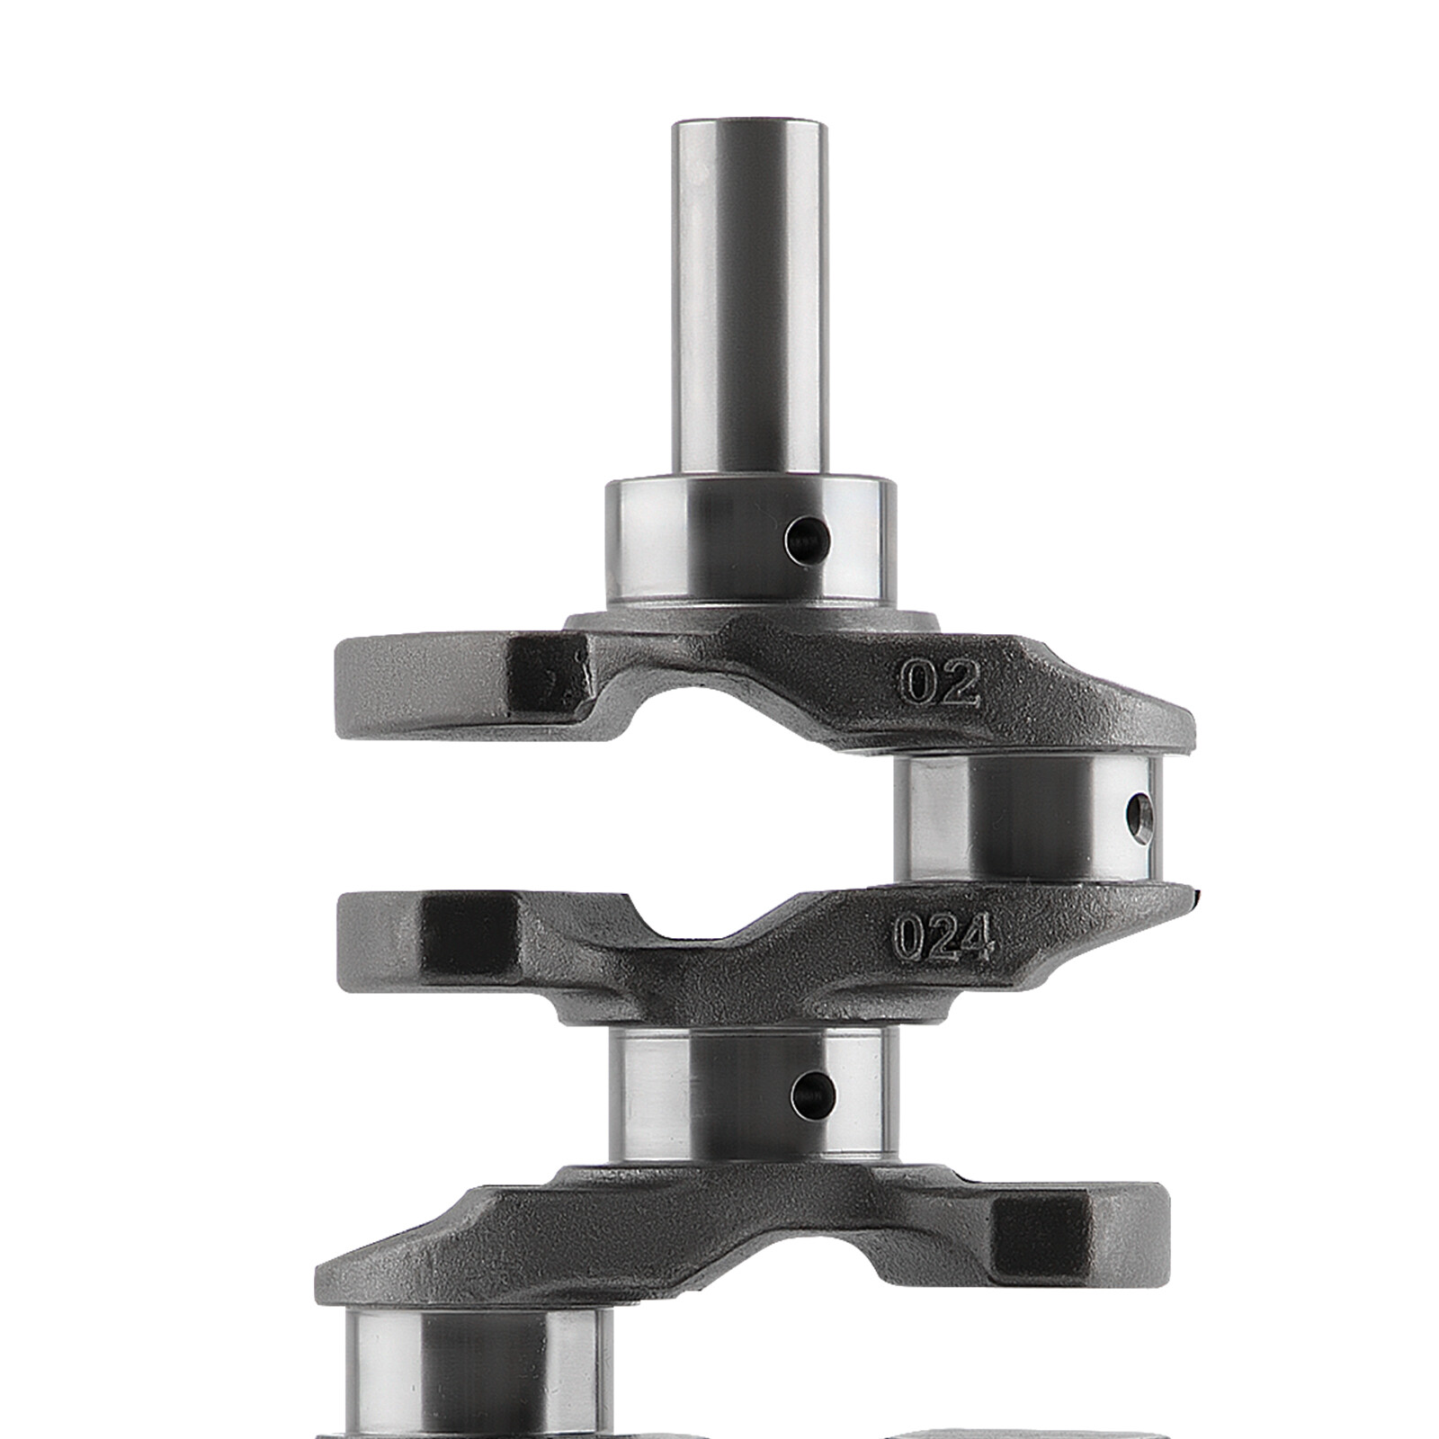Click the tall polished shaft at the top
(x=748, y=297)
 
